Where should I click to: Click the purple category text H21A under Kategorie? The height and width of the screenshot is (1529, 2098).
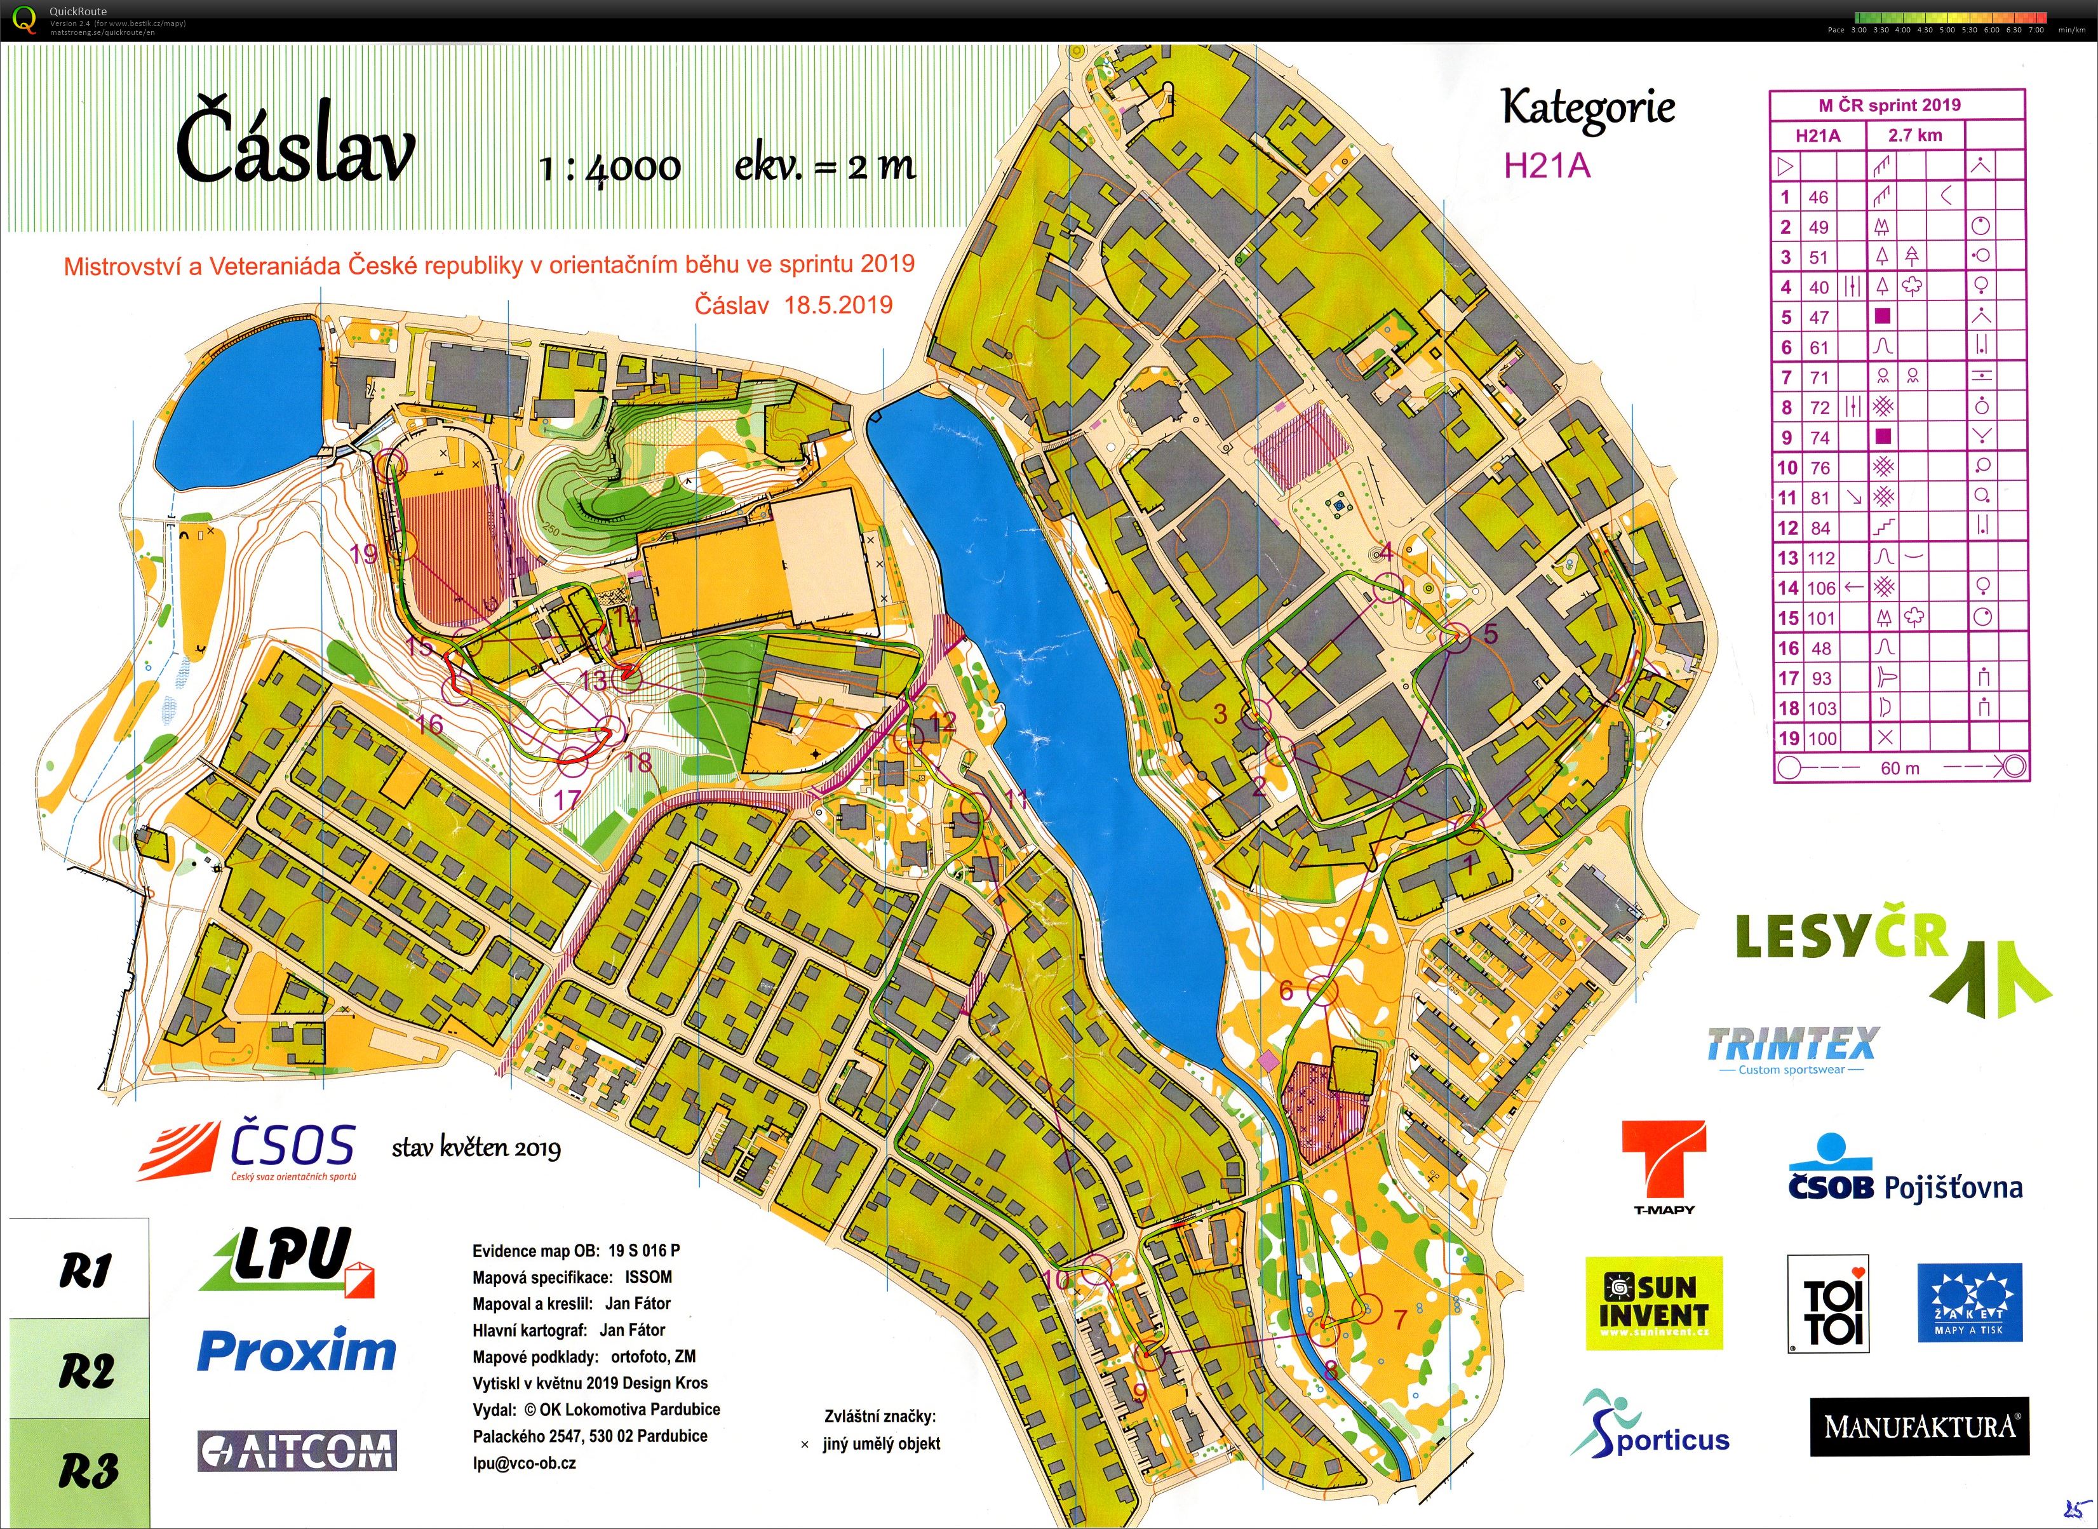(x=1547, y=166)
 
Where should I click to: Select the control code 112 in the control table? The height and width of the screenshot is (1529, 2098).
(x=1820, y=558)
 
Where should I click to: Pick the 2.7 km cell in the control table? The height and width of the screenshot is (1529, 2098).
(x=1915, y=135)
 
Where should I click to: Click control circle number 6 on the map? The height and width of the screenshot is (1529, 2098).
(x=1323, y=991)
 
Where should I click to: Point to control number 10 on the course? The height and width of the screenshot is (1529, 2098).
(x=1096, y=1270)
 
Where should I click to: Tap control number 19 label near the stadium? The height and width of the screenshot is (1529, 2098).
(x=364, y=553)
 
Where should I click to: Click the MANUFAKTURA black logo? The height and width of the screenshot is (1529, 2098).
(x=1918, y=1426)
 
